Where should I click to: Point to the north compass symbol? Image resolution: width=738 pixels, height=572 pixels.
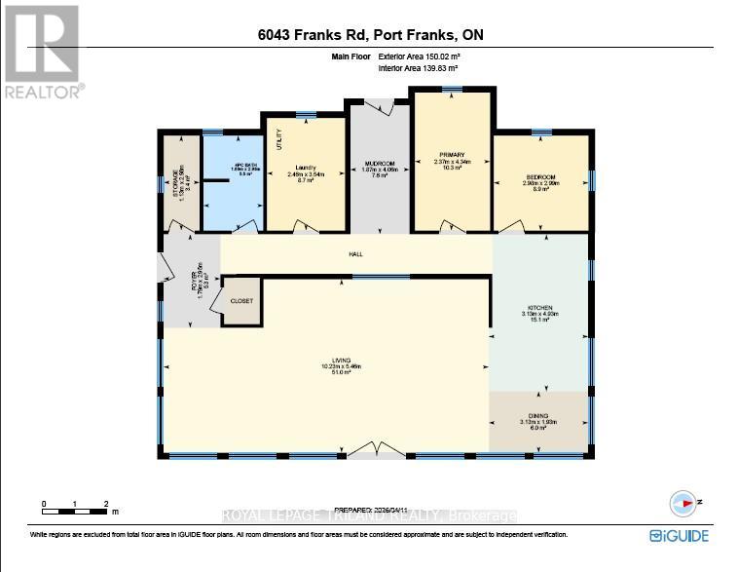pyautogui.click(x=684, y=503)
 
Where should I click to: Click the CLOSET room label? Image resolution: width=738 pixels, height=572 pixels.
pyautogui.click(x=240, y=301)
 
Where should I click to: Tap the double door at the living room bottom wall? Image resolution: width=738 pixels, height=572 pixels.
pyautogui.click(x=374, y=449)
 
